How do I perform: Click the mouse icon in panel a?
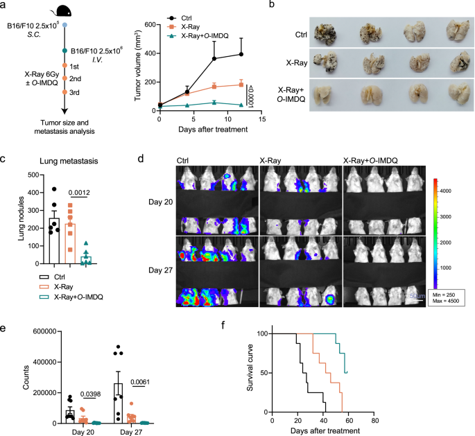click(x=64, y=10)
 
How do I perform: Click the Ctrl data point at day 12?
click(x=241, y=54)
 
